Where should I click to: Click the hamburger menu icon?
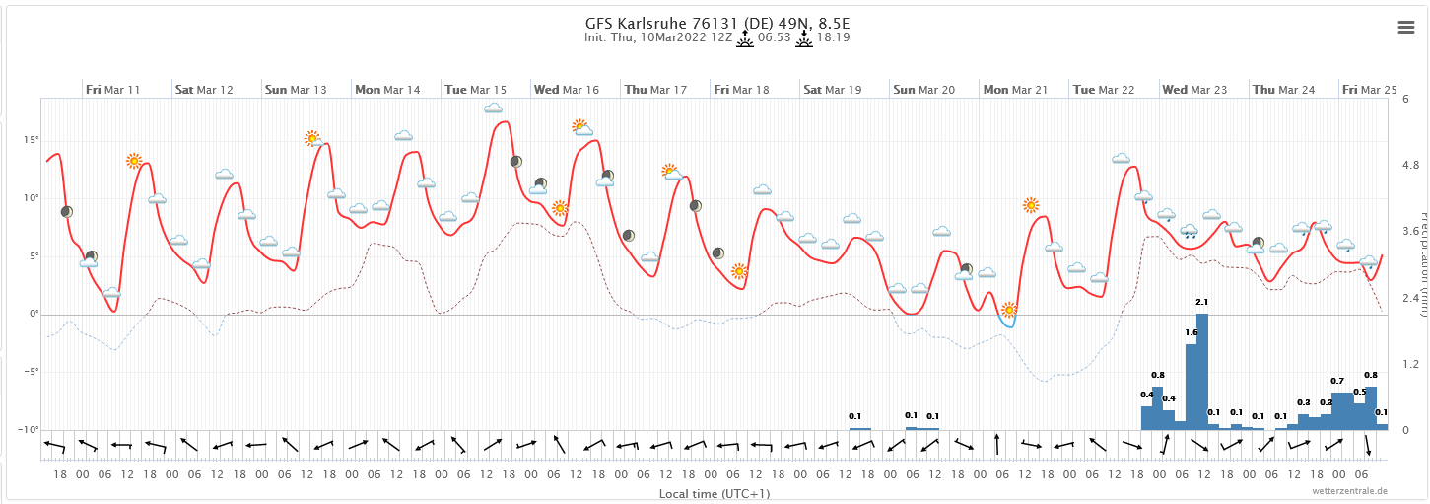pos(1406,28)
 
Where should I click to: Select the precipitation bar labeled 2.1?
pos(1201,371)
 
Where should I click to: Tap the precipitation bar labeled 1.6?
pos(1191,386)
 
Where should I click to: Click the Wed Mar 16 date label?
pos(567,90)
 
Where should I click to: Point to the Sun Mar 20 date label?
pos(924,90)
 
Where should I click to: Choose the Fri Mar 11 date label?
pos(113,90)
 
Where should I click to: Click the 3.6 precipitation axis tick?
pos(1411,232)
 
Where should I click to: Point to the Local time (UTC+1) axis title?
pos(715,493)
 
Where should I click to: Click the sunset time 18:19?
pos(833,38)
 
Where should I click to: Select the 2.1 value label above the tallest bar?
pos(1201,302)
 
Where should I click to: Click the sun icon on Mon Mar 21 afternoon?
pos(1031,205)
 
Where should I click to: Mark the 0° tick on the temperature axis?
pos(34,315)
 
